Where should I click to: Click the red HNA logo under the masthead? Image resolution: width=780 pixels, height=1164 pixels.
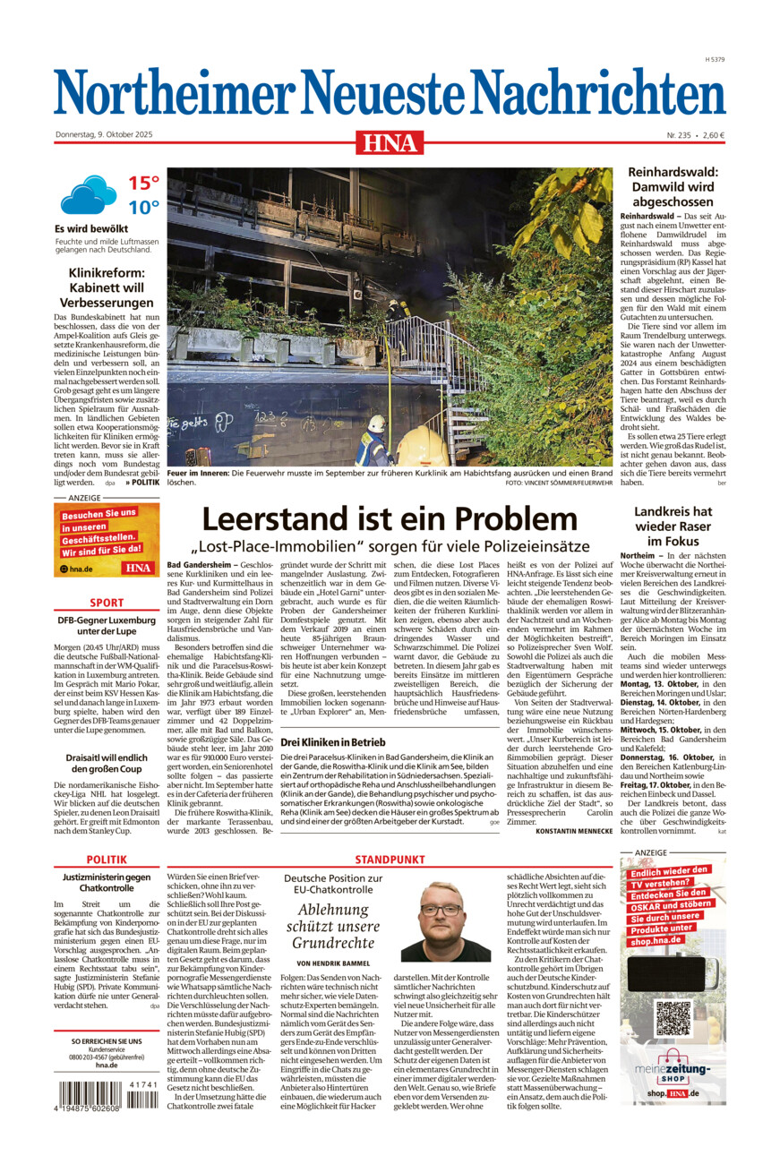390,141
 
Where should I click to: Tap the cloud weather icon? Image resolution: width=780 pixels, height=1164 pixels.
88,194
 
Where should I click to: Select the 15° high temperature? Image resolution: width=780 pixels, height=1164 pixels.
143,184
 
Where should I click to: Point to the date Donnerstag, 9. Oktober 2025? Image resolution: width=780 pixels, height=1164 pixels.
105,135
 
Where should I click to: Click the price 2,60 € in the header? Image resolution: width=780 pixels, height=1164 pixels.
714,135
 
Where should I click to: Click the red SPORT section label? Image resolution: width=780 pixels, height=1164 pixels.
107,603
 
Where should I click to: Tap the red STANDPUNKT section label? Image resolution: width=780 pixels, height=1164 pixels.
389,860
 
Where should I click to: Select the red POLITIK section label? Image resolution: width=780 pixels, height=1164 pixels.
107,860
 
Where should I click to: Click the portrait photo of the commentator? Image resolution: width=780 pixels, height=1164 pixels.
445,921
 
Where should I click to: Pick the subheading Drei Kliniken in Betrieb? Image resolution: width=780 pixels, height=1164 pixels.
333,742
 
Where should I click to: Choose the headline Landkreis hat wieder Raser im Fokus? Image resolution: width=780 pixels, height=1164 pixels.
673,526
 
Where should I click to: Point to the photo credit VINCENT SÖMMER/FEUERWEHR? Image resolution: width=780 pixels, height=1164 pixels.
559,483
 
